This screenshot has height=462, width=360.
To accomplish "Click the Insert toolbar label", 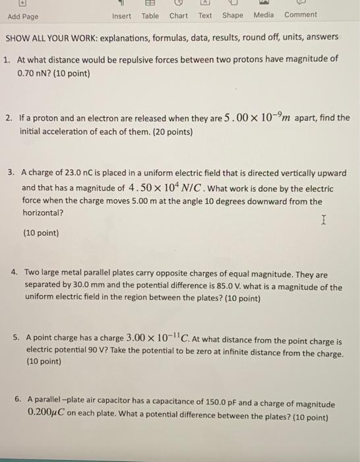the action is tap(121, 16).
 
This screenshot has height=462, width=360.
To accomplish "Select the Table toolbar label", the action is tap(150, 16).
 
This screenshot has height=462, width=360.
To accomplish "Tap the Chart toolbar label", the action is tap(178, 16).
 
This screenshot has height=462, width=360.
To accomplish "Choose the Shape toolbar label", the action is tap(232, 16).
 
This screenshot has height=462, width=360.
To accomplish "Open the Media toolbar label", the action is tap(264, 16).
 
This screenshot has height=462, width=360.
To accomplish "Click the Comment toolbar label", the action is tap(301, 15).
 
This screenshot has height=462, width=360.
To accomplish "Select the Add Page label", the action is tap(23, 16).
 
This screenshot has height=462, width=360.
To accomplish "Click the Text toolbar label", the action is tap(205, 16).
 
